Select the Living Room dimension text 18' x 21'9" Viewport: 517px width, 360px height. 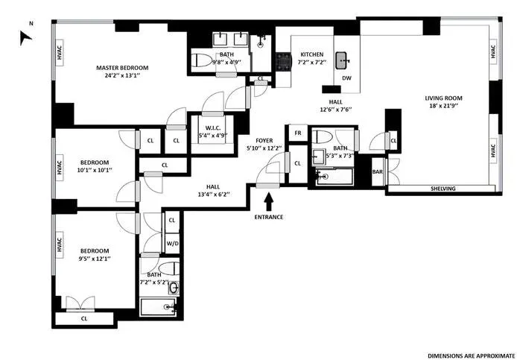click(x=445, y=108)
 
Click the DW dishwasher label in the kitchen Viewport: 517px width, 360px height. click(x=346, y=78)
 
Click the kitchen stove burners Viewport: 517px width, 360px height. click(x=283, y=63)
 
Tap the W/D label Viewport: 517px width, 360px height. click(x=172, y=243)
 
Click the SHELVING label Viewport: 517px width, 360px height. click(x=444, y=189)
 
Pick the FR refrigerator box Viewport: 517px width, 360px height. click(x=297, y=134)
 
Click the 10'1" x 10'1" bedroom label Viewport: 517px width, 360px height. click(x=95, y=166)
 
